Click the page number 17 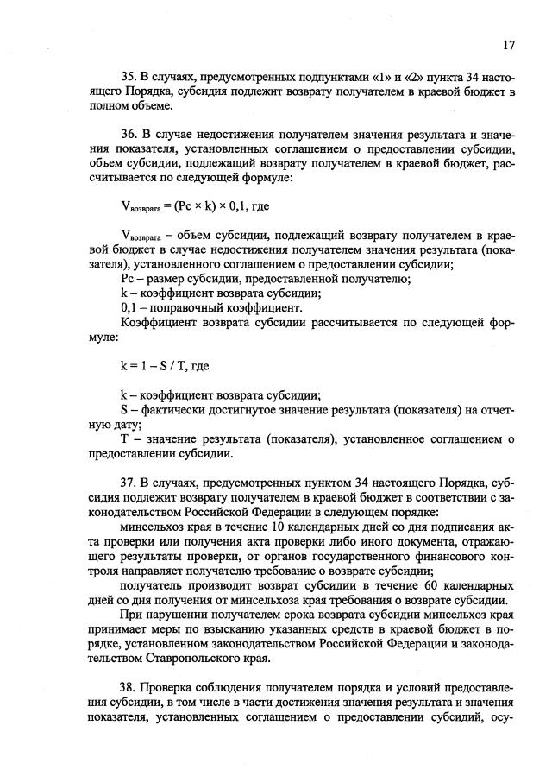(x=510, y=44)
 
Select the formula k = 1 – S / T (x=165, y=365)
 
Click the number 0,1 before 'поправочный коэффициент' (x=129, y=306)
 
